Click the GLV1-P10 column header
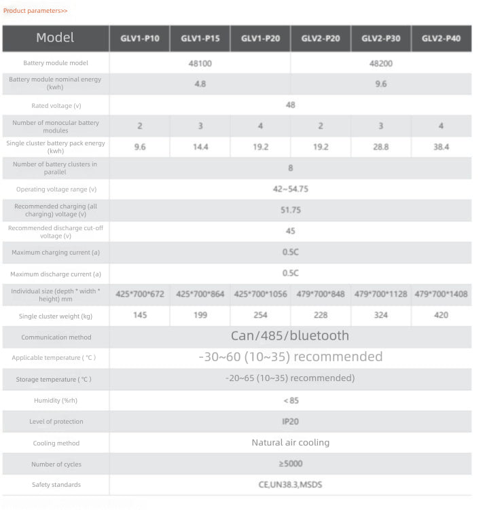coord(140,39)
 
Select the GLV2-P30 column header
coord(381,39)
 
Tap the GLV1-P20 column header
coord(260,39)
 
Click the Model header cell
coord(56,38)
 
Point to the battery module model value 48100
coord(200,63)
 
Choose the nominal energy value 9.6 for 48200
coord(381,84)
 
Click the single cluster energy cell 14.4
coord(200,147)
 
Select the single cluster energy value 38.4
coord(442,147)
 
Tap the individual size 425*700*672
coord(140,294)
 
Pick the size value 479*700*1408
coord(442,294)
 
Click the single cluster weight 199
coord(200,315)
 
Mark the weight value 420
coord(442,315)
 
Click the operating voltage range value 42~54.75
coord(291,189)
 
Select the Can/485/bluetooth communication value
coord(290,335)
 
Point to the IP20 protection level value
coord(291,422)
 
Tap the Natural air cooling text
coord(291,443)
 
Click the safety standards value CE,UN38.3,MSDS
coord(291,485)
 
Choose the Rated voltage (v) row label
coord(56,106)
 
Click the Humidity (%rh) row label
coord(56,401)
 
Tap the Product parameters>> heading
coord(35,11)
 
